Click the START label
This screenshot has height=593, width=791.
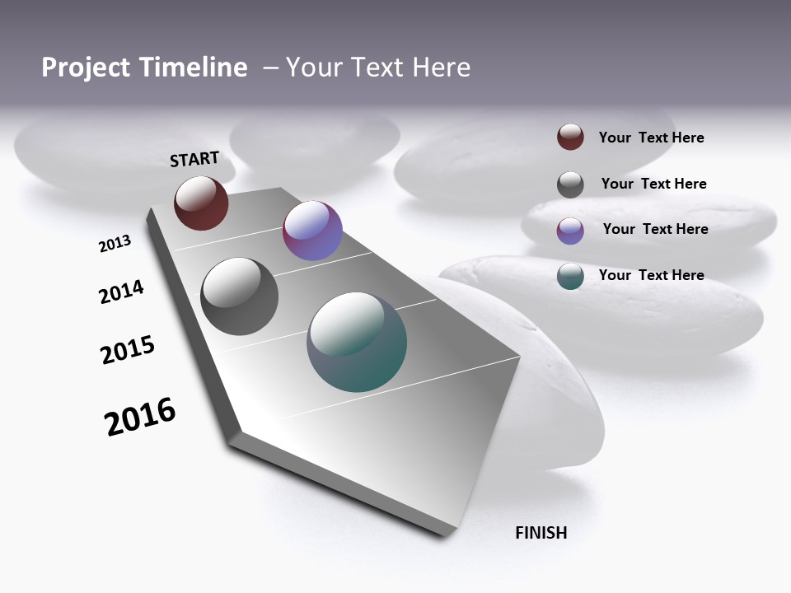(x=194, y=159)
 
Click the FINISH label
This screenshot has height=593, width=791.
(x=541, y=533)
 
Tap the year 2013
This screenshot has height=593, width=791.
(x=115, y=244)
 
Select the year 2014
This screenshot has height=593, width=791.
(x=121, y=292)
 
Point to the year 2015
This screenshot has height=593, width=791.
(x=128, y=350)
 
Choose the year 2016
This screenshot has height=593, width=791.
(x=140, y=417)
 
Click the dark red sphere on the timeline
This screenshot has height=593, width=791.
(x=201, y=203)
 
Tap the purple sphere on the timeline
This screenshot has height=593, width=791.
(x=312, y=231)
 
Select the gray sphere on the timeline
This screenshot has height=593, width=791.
(x=239, y=296)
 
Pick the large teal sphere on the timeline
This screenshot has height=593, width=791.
(x=357, y=342)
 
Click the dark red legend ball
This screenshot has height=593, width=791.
(x=570, y=137)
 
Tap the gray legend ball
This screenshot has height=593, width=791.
(x=570, y=184)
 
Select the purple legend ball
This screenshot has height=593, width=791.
(x=570, y=231)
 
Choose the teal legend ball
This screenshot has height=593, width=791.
(x=570, y=276)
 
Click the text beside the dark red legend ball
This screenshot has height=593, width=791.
(x=651, y=138)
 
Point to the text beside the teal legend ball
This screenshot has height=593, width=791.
(x=651, y=275)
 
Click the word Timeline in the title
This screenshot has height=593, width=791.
(x=192, y=68)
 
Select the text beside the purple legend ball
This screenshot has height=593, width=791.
(x=655, y=229)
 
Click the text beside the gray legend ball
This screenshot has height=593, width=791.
(x=653, y=184)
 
